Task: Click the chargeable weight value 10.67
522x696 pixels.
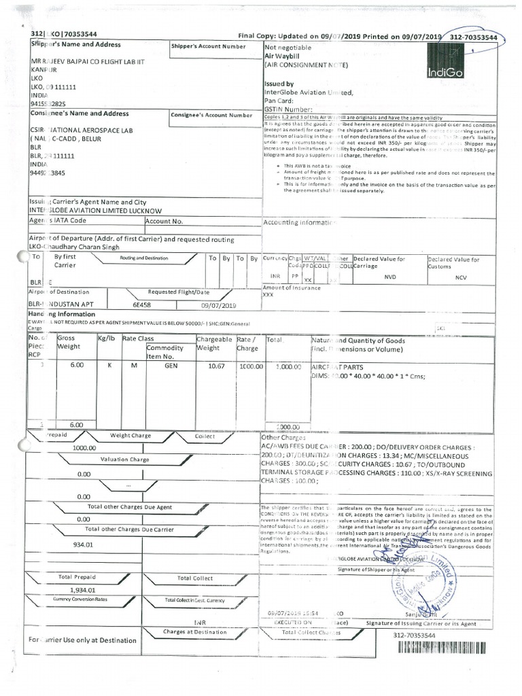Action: [207, 365]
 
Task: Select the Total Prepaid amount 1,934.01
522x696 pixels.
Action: [77, 590]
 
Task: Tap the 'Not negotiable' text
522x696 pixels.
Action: [288, 48]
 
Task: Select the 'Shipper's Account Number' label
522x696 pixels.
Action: [209, 46]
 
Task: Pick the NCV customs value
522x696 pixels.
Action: [461, 277]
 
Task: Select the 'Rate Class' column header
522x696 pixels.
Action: [138, 338]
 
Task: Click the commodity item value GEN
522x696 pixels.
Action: [171, 365]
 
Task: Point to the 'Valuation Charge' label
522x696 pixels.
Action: [124, 459]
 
